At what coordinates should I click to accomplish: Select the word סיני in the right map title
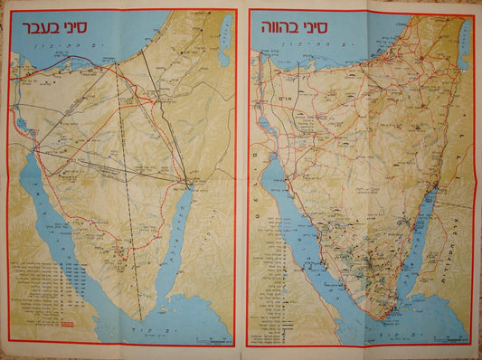(318, 22)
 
